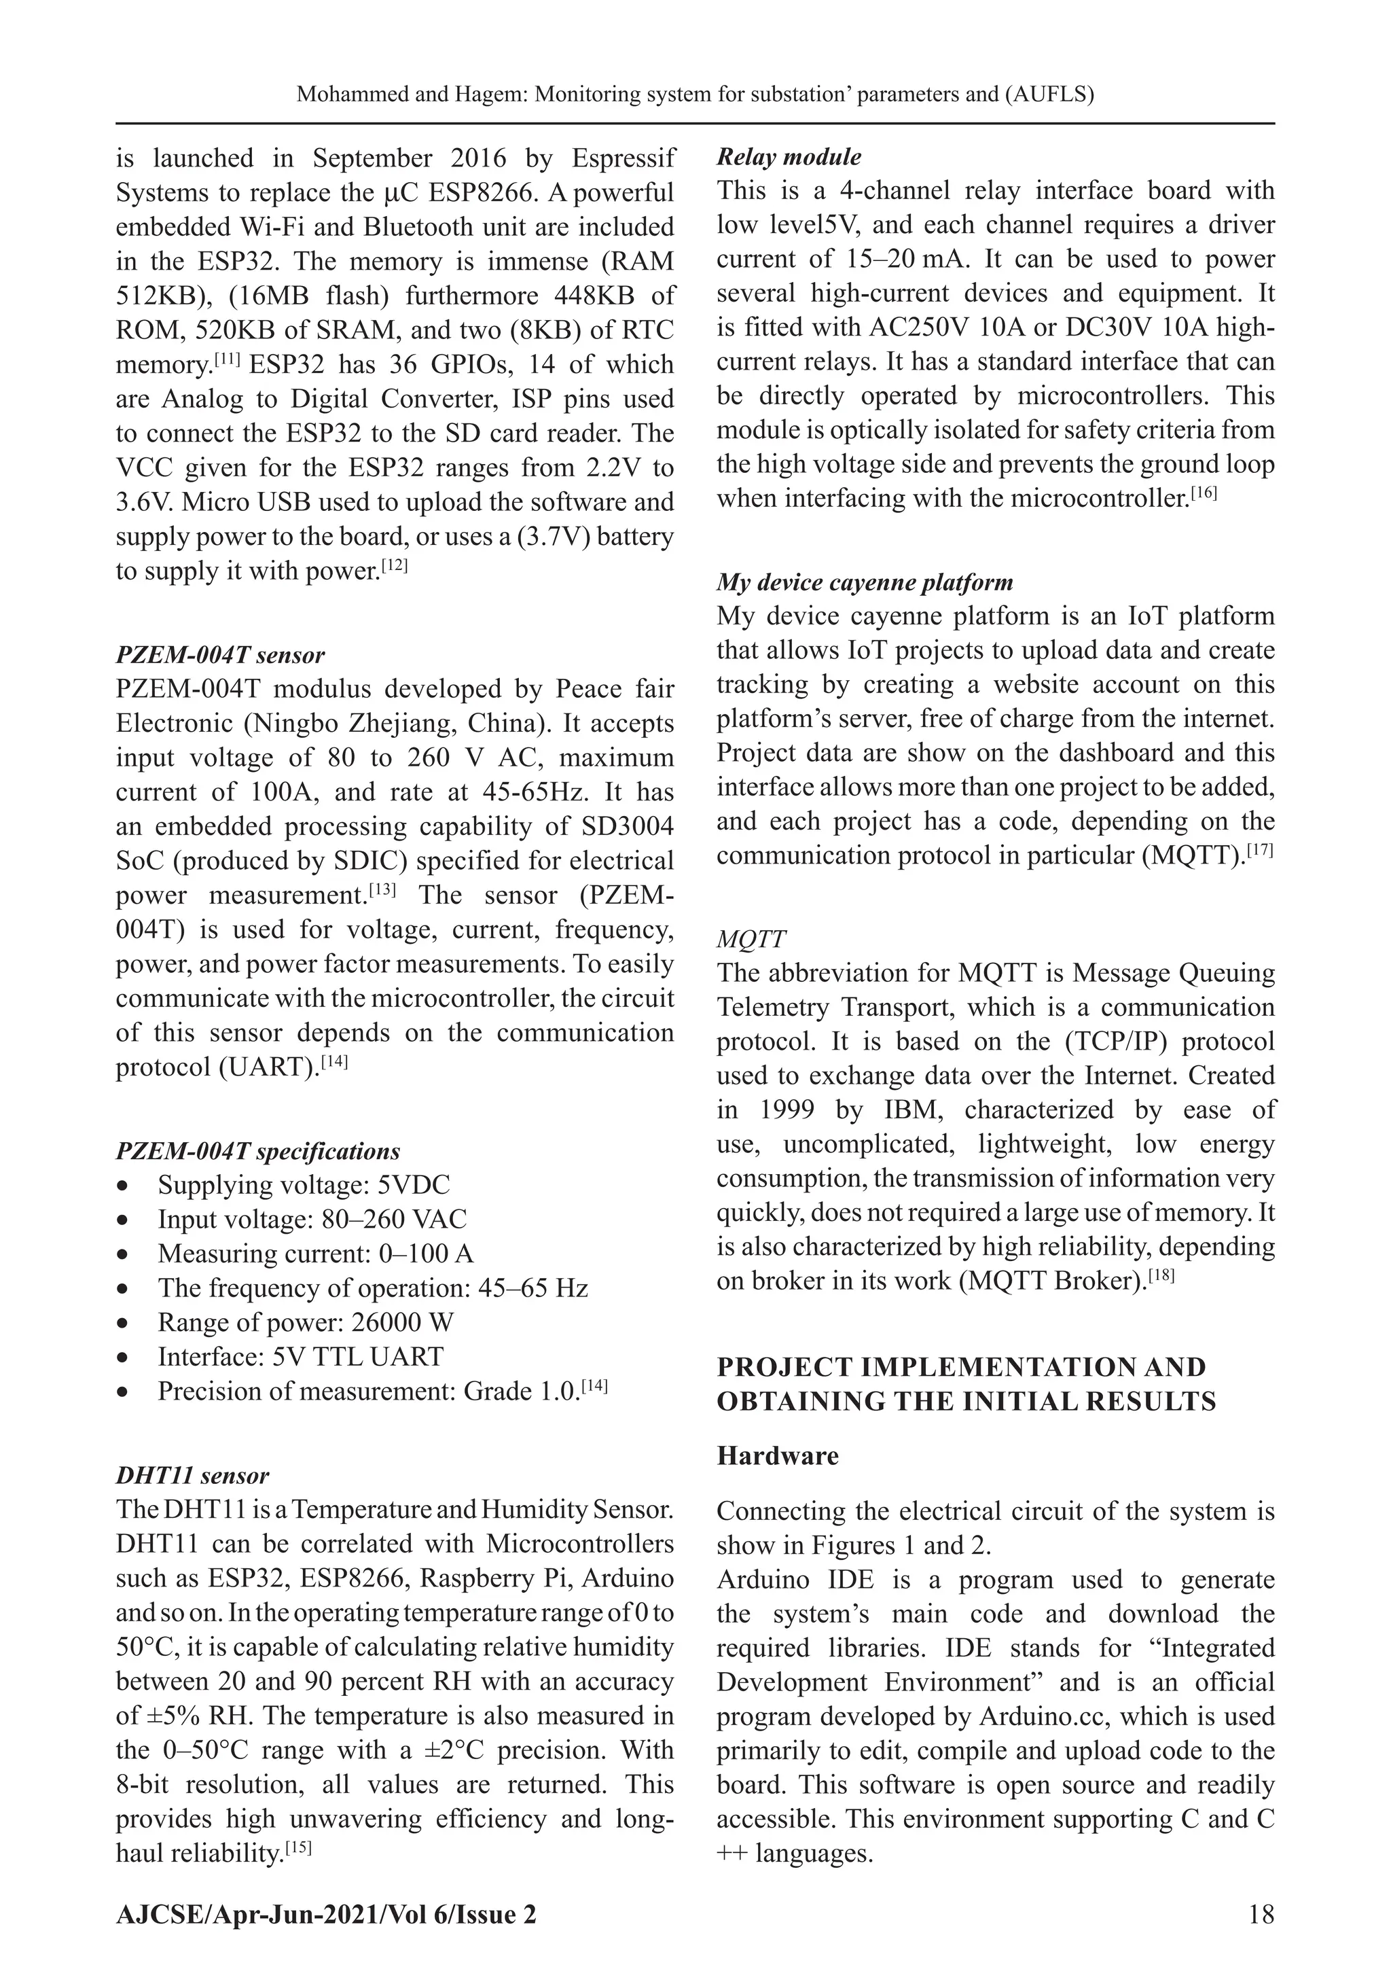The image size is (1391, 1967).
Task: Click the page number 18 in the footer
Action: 1261,1914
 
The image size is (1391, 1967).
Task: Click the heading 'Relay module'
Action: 788,157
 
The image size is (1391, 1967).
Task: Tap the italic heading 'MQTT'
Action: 751,939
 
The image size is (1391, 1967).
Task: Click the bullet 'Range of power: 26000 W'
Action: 305,1322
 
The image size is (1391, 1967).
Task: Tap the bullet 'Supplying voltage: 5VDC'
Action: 303,1185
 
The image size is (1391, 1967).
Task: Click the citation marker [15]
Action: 298,1849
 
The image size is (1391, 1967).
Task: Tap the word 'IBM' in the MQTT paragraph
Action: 913,1110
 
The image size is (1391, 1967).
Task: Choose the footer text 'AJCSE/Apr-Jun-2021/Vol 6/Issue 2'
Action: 326,1914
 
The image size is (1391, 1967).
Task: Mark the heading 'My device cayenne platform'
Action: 864,582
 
